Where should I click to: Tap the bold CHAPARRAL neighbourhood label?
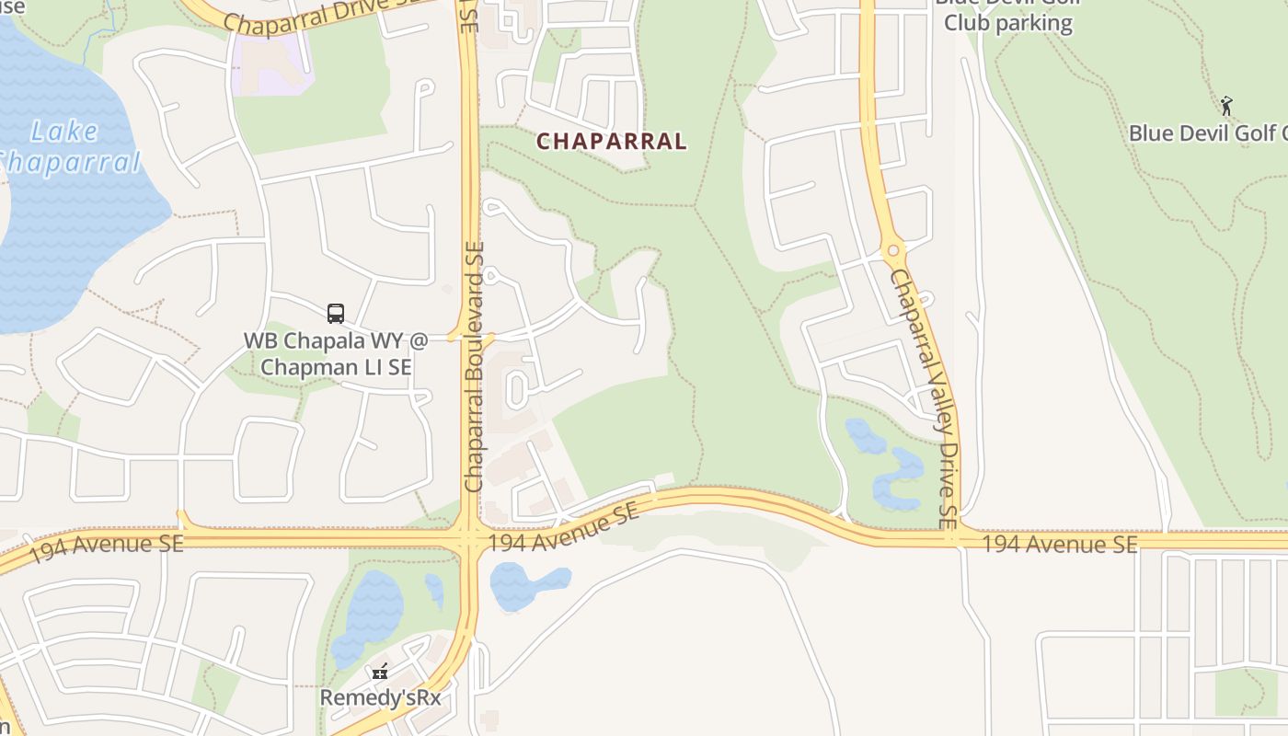pos(611,142)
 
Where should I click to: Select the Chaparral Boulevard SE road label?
pos(475,366)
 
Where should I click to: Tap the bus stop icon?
pos(336,314)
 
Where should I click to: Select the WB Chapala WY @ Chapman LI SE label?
pos(336,354)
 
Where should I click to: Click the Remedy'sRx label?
pos(380,698)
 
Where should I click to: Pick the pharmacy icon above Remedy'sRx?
pos(380,672)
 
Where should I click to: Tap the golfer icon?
pos(1225,106)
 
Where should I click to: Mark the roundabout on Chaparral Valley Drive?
pos(892,250)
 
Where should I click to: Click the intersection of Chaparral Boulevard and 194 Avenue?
pos(468,539)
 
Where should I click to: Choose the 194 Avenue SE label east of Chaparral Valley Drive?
pos(1060,544)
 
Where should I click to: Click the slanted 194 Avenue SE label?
pos(563,530)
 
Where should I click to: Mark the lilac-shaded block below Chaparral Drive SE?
pos(272,64)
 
